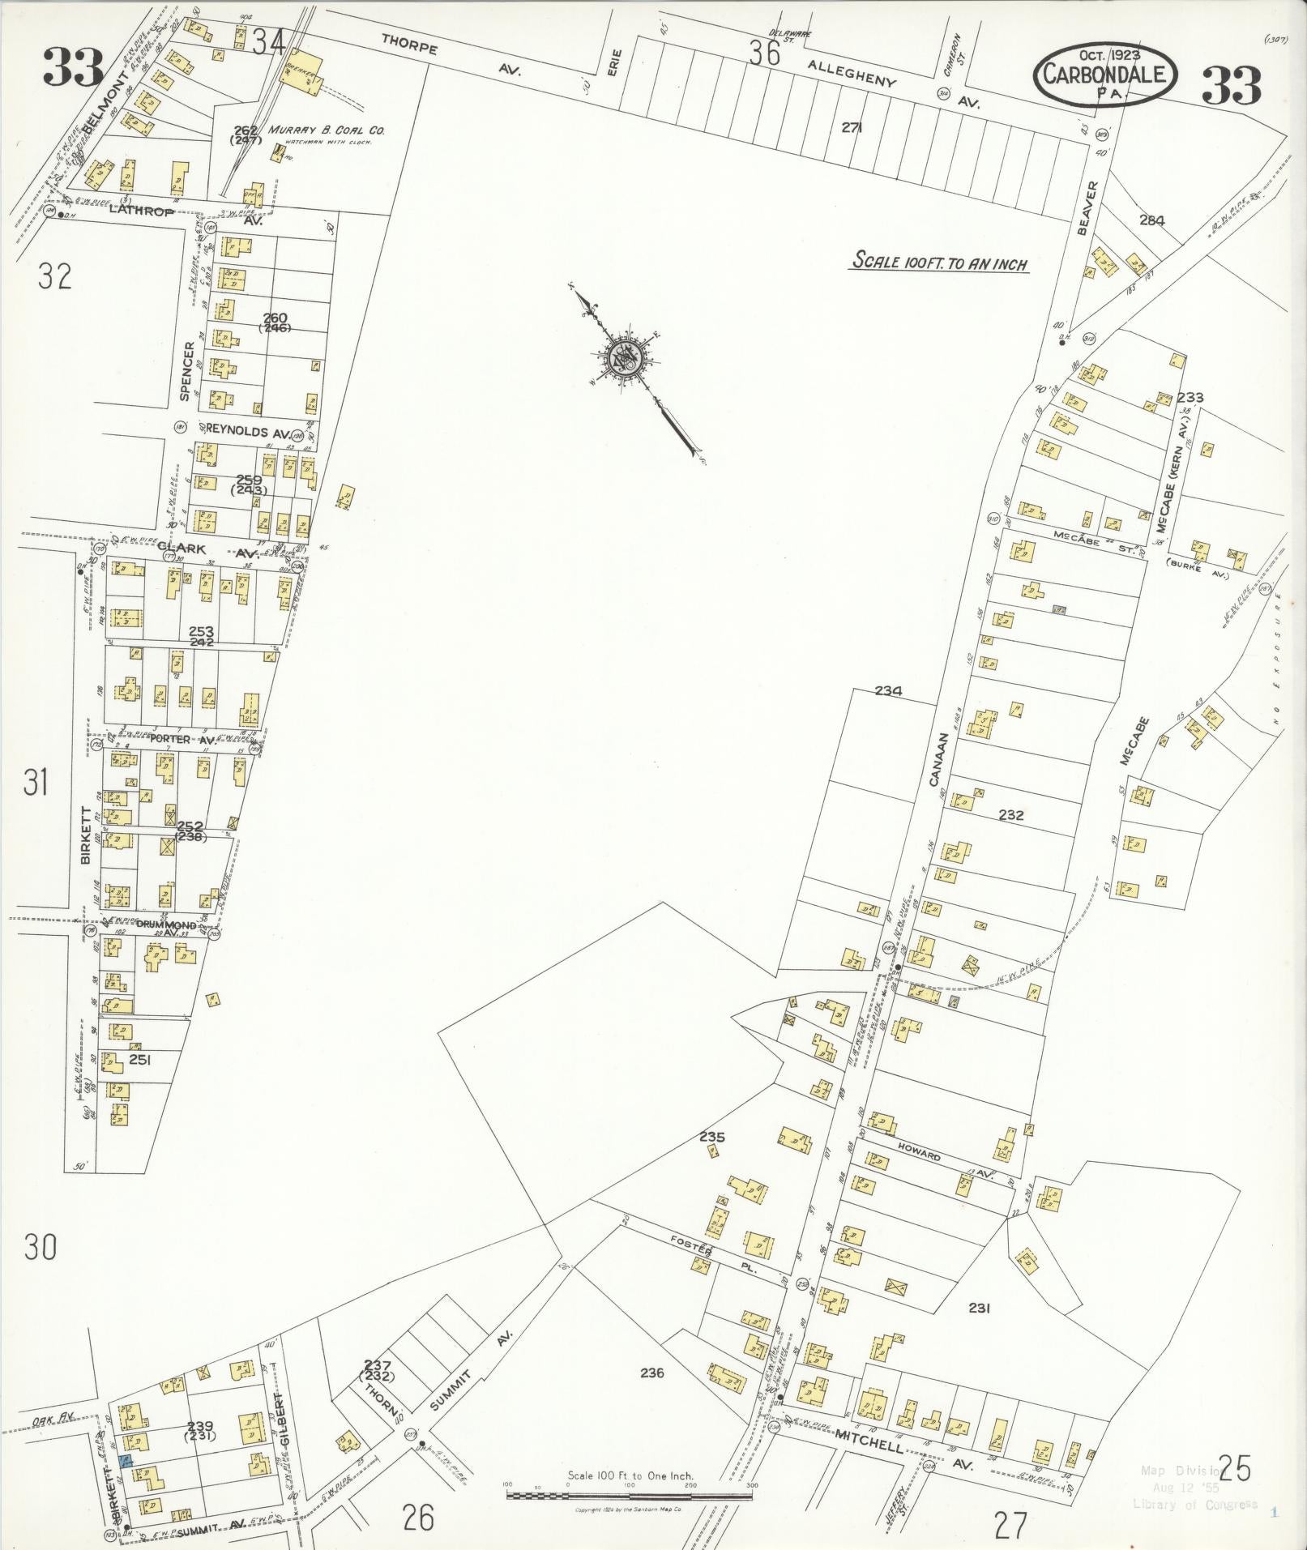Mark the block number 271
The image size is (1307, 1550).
click(x=850, y=127)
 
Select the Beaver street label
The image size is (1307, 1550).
click(x=1087, y=208)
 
